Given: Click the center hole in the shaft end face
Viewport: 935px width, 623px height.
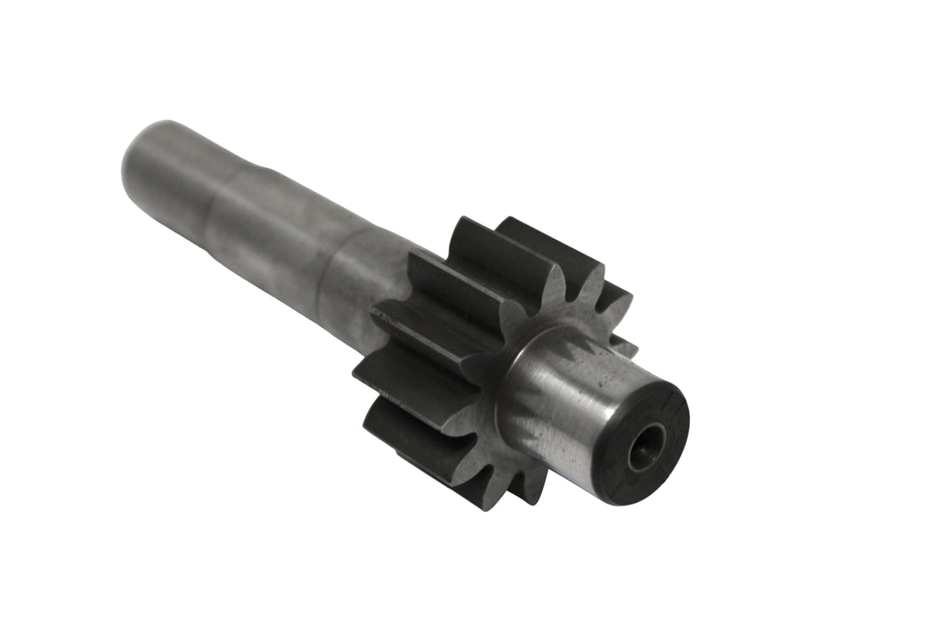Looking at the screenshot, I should point(646,447).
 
